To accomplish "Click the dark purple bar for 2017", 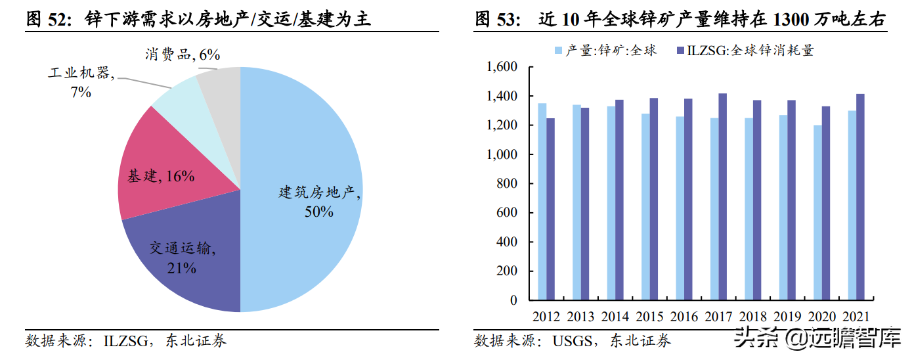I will (x=723, y=197).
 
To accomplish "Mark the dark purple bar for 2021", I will (x=860, y=197).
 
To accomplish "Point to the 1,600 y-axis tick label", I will (x=502, y=67).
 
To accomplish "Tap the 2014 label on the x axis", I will (x=615, y=316).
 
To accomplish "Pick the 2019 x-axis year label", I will (x=787, y=316).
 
